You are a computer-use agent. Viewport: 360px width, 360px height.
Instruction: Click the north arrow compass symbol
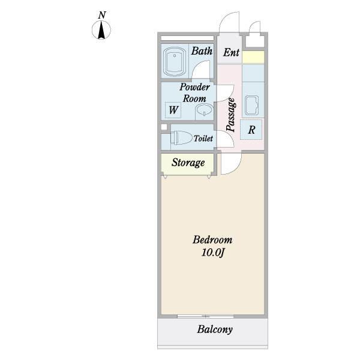pos(101,30)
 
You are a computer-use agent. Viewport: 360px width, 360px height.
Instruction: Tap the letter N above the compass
pos(102,15)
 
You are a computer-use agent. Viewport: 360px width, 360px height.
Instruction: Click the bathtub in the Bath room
pos(174,62)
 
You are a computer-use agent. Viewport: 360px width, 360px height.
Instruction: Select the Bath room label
pos(202,51)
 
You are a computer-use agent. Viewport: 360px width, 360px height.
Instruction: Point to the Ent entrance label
pos(231,52)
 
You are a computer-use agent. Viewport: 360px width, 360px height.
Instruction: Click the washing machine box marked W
pos(173,110)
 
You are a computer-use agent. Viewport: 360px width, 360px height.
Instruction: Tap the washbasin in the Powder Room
pos(205,112)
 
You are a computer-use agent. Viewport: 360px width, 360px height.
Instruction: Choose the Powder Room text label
pos(194,92)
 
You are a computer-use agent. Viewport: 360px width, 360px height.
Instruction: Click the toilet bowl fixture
pos(181,137)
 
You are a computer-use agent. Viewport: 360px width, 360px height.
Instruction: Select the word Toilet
pos(203,138)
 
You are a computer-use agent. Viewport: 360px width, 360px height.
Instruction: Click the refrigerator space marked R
pos(251,130)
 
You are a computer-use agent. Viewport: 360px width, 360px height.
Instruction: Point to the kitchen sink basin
pos(251,105)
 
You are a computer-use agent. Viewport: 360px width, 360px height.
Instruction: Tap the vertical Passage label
pos(231,115)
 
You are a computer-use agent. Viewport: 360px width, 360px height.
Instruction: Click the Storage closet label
pos(188,163)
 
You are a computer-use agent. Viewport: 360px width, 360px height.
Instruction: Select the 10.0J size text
pos(212,253)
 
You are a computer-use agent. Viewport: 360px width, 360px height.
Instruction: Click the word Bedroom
pos(212,239)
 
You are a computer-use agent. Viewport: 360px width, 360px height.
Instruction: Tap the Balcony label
pos(215,329)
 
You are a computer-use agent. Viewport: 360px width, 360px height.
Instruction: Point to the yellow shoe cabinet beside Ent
pos(253,57)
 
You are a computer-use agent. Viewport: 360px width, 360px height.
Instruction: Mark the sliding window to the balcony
pos(205,316)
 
